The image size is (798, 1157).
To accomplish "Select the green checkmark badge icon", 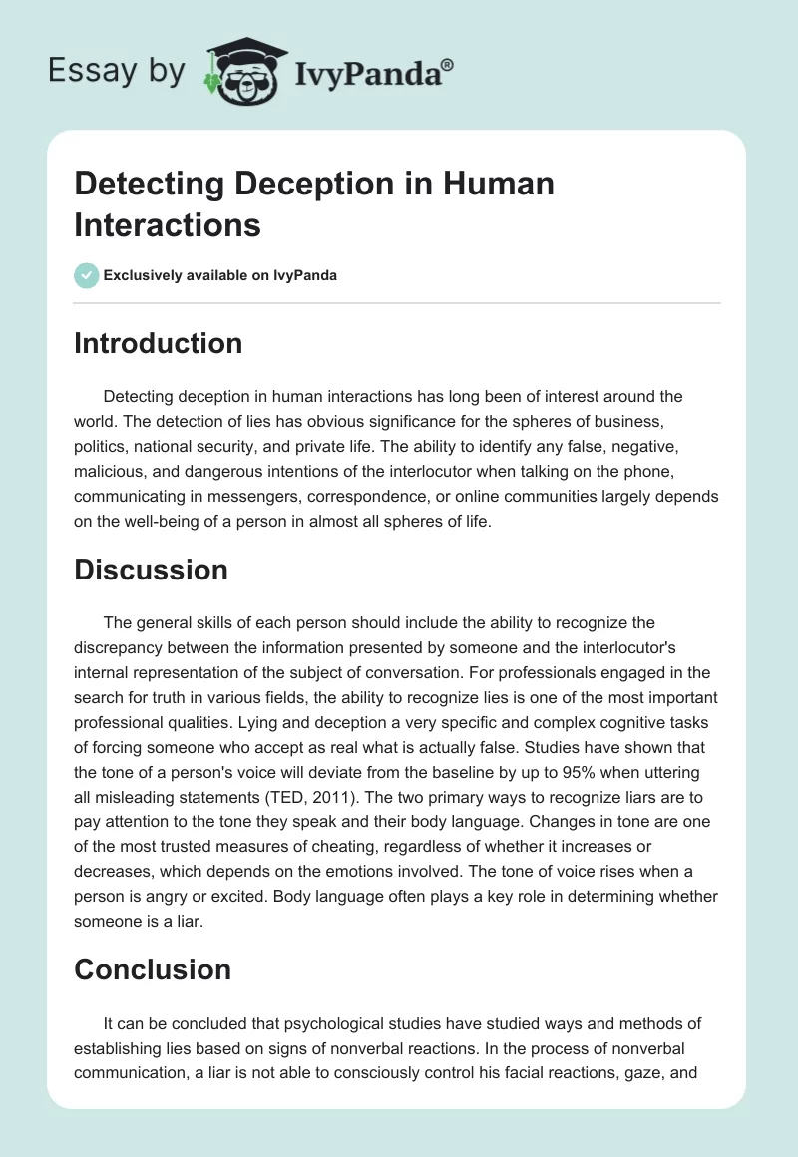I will coord(87,275).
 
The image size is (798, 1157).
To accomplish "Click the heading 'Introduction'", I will coord(159,343).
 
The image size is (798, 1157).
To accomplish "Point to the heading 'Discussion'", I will coord(152,570).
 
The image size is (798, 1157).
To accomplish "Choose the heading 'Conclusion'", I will coord(153,969).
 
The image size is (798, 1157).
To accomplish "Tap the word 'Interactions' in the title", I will coord(168,224).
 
